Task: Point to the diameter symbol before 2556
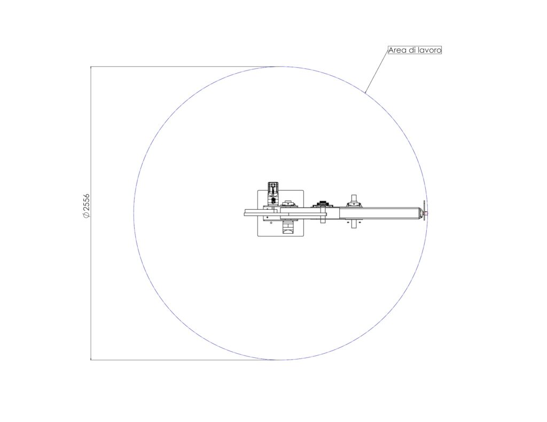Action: point(86,214)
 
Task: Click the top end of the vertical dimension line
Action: point(91,66)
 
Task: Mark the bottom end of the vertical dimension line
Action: point(91,360)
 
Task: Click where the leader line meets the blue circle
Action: point(365,93)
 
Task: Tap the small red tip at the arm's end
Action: point(426,213)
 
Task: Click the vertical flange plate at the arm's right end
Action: point(424,210)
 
